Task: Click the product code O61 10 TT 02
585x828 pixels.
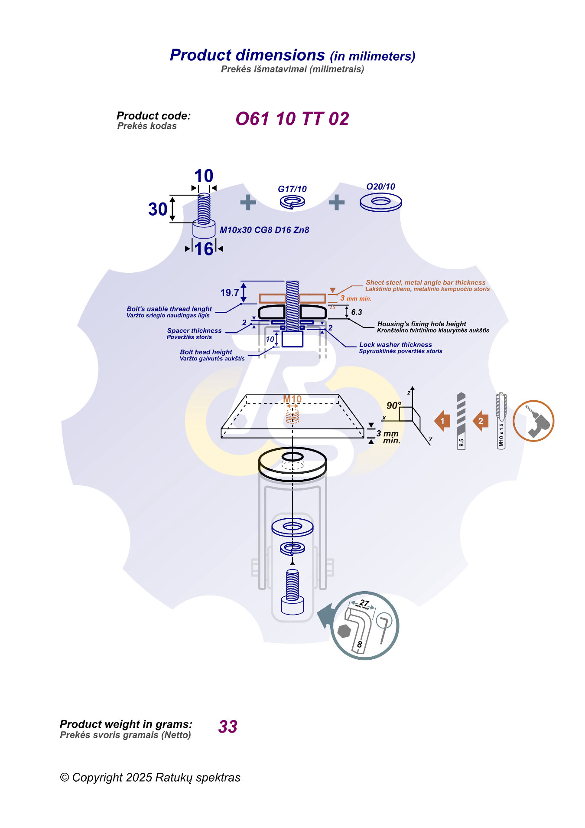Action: (x=292, y=119)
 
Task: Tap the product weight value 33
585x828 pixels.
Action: (x=228, y=727)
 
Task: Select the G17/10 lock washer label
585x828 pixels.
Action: (x=292, y=189)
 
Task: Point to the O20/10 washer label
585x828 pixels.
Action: (x=380, y=187)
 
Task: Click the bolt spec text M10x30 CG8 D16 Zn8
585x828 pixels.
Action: (x=264, y=230)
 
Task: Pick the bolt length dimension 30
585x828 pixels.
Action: (x=158, y=209)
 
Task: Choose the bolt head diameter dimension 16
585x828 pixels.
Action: (x=204, y=249)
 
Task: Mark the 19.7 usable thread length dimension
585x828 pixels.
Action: (x=229, y=293)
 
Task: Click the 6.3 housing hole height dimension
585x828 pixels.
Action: (x=356, y=312)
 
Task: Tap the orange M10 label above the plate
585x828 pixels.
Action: (x=292, y=399)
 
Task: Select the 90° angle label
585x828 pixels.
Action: (x=393, y=406)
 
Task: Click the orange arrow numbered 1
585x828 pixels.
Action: (x=442, y=421)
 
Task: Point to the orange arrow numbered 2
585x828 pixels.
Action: (x=481, y=421)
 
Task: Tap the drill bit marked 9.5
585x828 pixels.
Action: (x=461, y=421)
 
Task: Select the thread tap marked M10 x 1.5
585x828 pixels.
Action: (x=501, y=421)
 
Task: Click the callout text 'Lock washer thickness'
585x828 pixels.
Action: (x=395, y=344)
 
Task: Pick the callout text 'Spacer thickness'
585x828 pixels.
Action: (x=194, y=331)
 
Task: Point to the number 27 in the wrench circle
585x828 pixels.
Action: (x=364, y=603)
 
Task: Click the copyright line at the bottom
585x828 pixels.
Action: (x=150, y=777)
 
